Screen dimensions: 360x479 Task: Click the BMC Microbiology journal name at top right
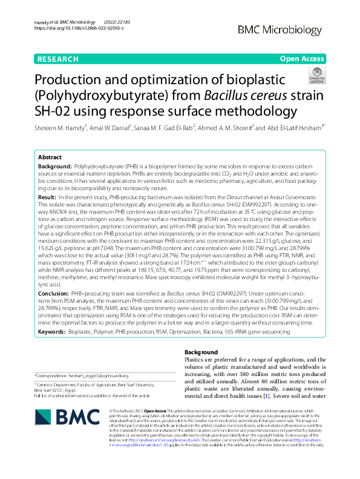280,29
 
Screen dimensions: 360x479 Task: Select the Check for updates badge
316,74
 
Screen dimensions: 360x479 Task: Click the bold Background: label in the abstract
55,165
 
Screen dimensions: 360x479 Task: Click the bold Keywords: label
53,332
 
